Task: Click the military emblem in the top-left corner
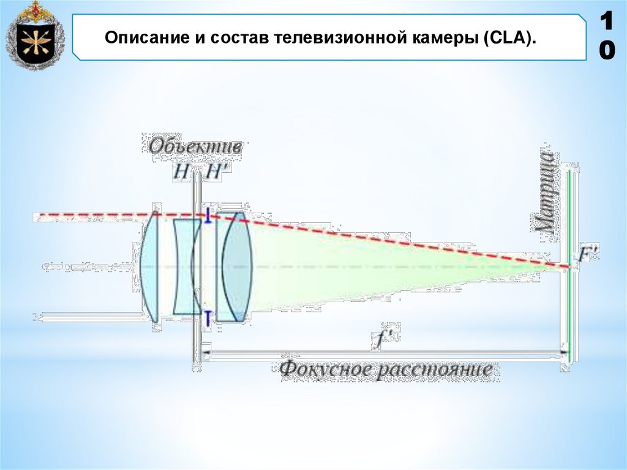[x=35, y=36]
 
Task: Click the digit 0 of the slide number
[x=606, y=52]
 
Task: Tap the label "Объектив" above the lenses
[x=195, y=147]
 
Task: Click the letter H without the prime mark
[x=182, y=172]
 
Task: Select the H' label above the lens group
[x=216, y=172]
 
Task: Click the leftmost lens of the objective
[x=150, y=267]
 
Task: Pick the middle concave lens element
[x=186, y=267]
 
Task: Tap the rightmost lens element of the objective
[x=236, y=267]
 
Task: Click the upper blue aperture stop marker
[x=208, y=216]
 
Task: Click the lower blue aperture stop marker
[x=208, y=317]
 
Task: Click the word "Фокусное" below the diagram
[x=325, y=370]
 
